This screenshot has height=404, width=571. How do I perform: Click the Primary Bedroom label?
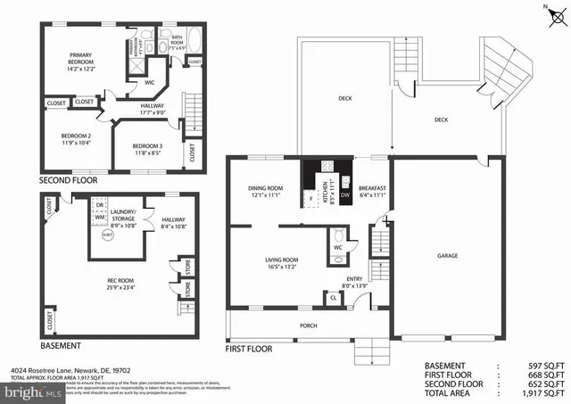87,60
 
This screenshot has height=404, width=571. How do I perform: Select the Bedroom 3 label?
147,148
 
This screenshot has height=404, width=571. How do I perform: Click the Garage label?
447,255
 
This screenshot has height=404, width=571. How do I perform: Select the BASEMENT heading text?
61,345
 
